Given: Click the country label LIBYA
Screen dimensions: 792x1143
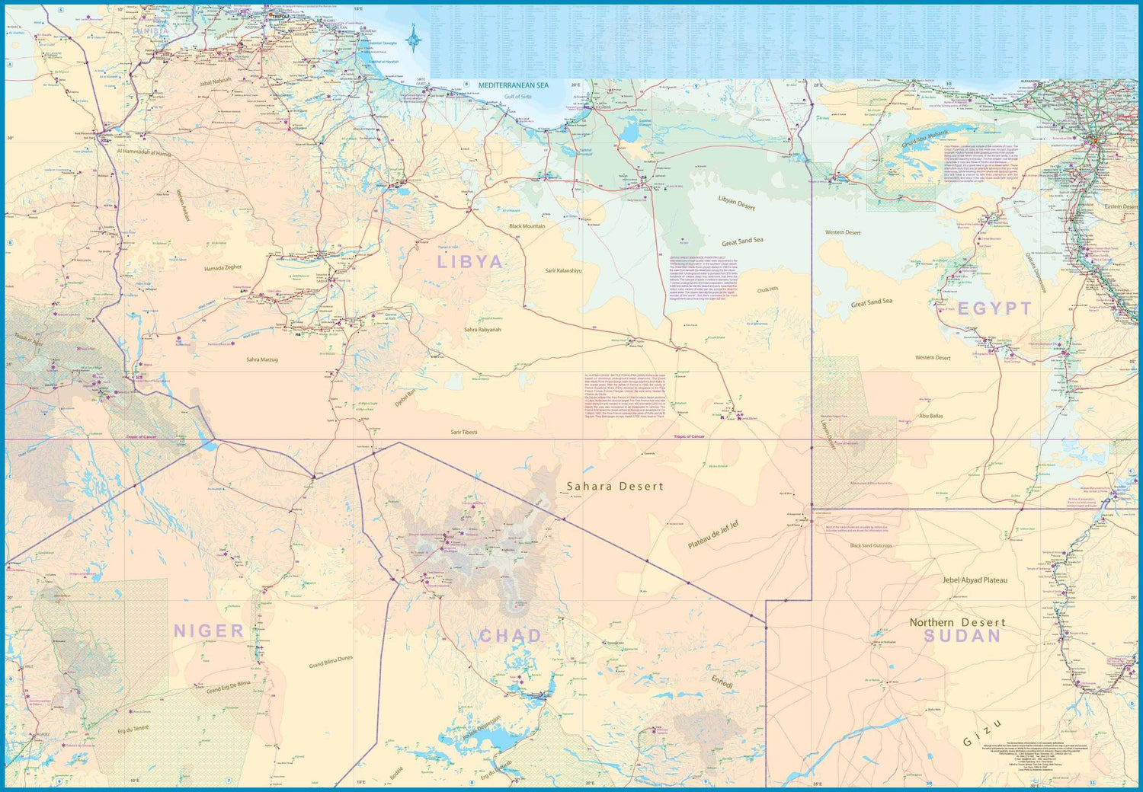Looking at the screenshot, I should click(x=470, y=262).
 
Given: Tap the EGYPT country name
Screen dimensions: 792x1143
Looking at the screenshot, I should click(x=994, y=308).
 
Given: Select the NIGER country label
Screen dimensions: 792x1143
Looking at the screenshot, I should click(x=209, y=631).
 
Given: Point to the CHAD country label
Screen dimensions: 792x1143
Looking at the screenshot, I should click(x=511, y=636).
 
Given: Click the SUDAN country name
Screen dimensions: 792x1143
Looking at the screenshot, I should click(x=962, y=636).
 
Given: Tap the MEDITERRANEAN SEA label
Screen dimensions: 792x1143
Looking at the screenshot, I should click(x=513, y=86).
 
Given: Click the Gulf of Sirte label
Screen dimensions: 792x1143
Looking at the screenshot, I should click(x=517, y=97).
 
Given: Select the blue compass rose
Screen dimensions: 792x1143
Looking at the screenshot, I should click(x=414, y=39).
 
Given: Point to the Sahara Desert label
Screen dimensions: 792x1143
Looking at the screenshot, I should click(x=615, y=486).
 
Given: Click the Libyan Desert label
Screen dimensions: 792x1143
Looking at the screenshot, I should click(x=736, y=203).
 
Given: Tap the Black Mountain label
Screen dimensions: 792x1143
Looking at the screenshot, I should click(x=527, y=226).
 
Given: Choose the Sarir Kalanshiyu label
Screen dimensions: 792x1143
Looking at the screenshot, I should click(x=563, y=270).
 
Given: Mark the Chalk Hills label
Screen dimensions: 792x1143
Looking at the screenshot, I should click(x=767, y=290).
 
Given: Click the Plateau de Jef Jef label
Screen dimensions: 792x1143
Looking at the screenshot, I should click(x=713, y=535).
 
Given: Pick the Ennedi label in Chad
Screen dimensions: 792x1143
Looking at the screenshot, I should click(x=722, y=682).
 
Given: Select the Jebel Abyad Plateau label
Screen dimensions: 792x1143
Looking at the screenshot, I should click(x=975, y=580).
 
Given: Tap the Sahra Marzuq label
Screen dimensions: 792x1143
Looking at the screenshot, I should click(x=262, y=359).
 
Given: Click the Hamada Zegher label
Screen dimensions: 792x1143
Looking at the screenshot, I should click(x=223, y=268).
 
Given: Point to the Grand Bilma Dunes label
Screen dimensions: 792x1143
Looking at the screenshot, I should click(x=331, y=662).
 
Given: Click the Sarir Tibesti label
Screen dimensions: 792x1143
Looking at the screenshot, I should click(x=463, y=432).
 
